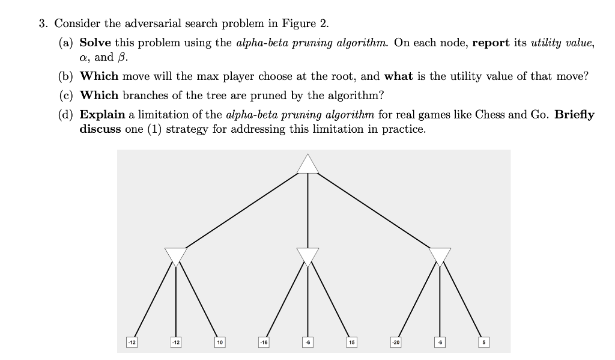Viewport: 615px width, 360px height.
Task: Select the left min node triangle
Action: pyautogui.click(x=176, y=255)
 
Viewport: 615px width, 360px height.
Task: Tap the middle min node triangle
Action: pyautogui.click(x=307, y=255)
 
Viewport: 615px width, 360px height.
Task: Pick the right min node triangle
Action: pyautogui.click(x=440, y=255)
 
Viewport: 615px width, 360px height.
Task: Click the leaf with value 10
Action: pyautogui.click(x=220, y=342)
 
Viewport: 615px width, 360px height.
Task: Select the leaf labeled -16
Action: pyautogui.click(x=264, y=342)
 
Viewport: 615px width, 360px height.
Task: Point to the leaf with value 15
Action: pyautogui.click(x=351, y=342)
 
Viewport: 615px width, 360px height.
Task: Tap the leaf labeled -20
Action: pyautogui.click(x=395, y=342)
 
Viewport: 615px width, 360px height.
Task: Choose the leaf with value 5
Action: pyautogui.click(x=483, y=342)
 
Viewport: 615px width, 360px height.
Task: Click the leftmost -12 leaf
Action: pyautogui.click(x=132, y=342)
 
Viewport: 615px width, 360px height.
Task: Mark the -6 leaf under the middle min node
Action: pyautogui.click(x=307, y=342)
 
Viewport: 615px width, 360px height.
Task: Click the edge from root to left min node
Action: pyautogui.click(x=240, y=211)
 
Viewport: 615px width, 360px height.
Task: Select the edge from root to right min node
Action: pyautogui.click(x=375, y=211)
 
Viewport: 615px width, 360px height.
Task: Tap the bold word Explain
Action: pyautogui.click(x=102, y=114)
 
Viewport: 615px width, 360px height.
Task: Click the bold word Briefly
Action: pyautogui.click(x=575, y=114)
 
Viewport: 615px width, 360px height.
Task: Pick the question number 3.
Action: pyautogui.click(x=42, y=24)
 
